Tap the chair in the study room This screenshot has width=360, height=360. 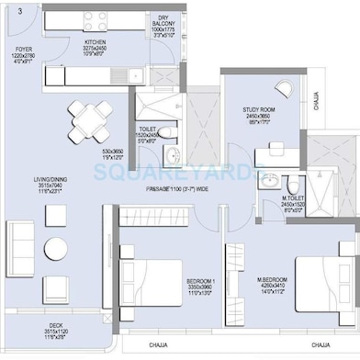pos(287,90)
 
